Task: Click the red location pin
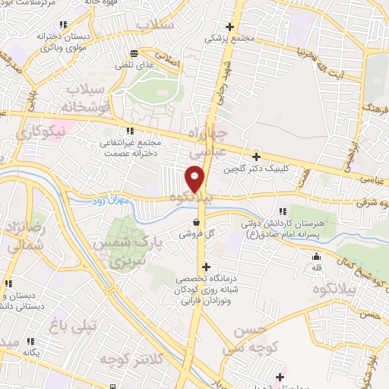tap(195, 179)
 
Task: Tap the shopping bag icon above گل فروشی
tap(198, 223)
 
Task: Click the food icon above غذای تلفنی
tap(134, 52)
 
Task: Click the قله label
tap(317, 269)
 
